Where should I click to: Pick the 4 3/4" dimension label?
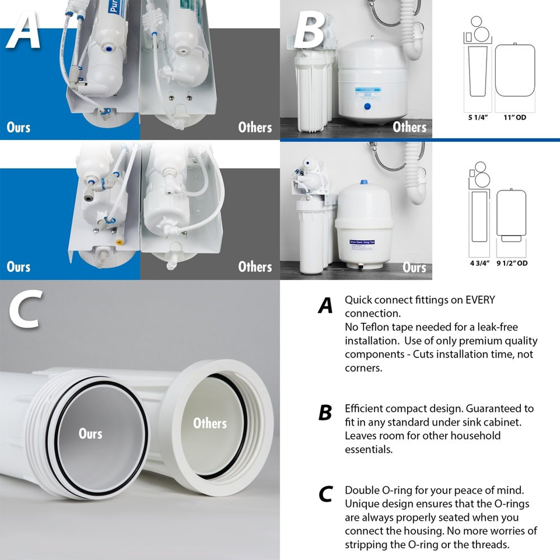tap(479, 263)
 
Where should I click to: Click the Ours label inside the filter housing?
tap(90, 433)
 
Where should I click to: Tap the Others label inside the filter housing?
tap(209, 423)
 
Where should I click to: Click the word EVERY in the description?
tap(480, 300)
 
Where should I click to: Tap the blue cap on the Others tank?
tap(367, 106)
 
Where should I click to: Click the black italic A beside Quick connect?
tap(325, 305)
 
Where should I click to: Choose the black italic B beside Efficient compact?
tap(325, 413)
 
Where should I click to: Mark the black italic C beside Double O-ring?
tap(325, 495)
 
